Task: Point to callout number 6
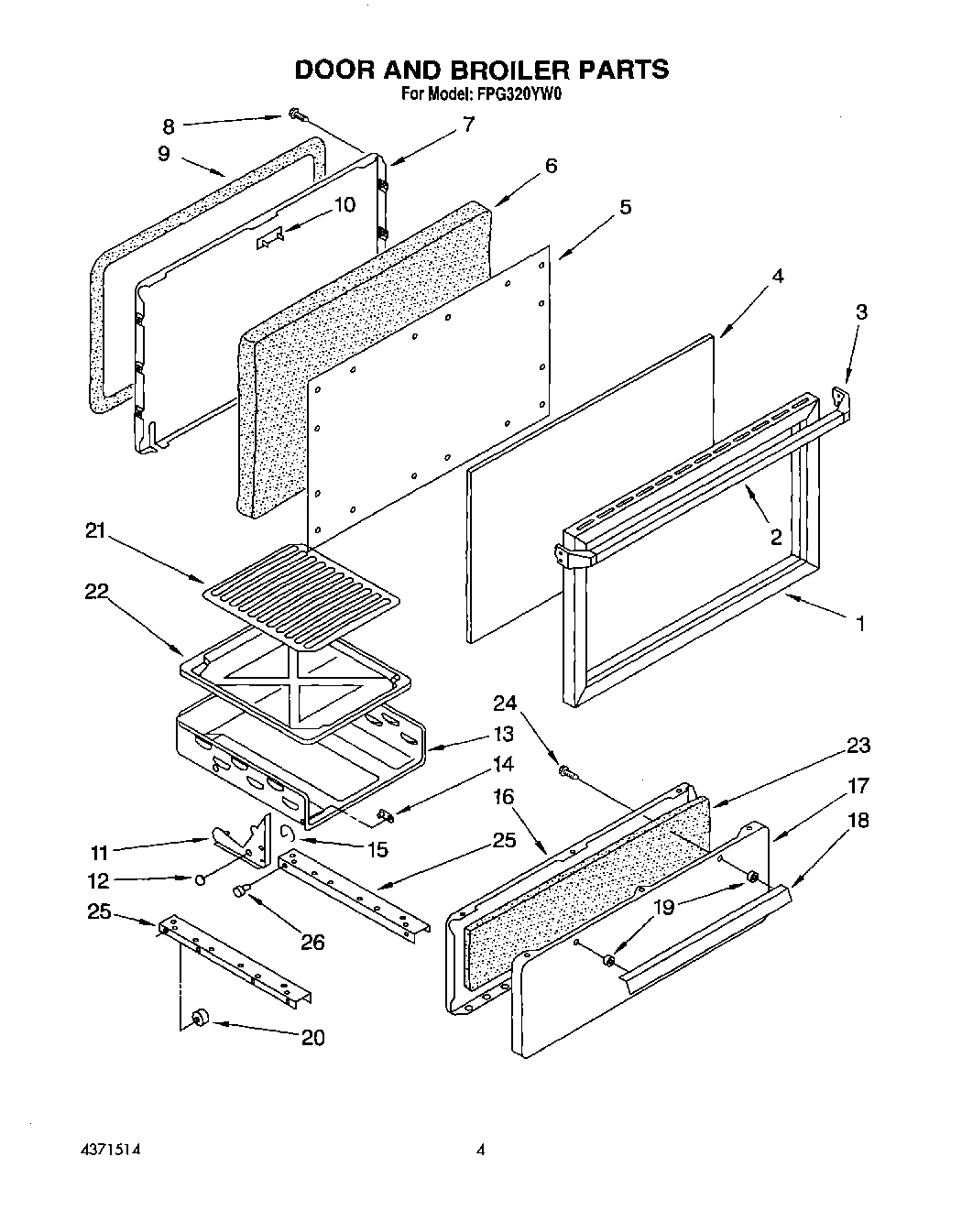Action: coord(551,166)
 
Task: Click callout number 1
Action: coord(858,624)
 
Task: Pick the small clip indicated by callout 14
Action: coord(385,812)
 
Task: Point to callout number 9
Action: coord(163,153)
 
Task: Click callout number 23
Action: coord(858,746)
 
